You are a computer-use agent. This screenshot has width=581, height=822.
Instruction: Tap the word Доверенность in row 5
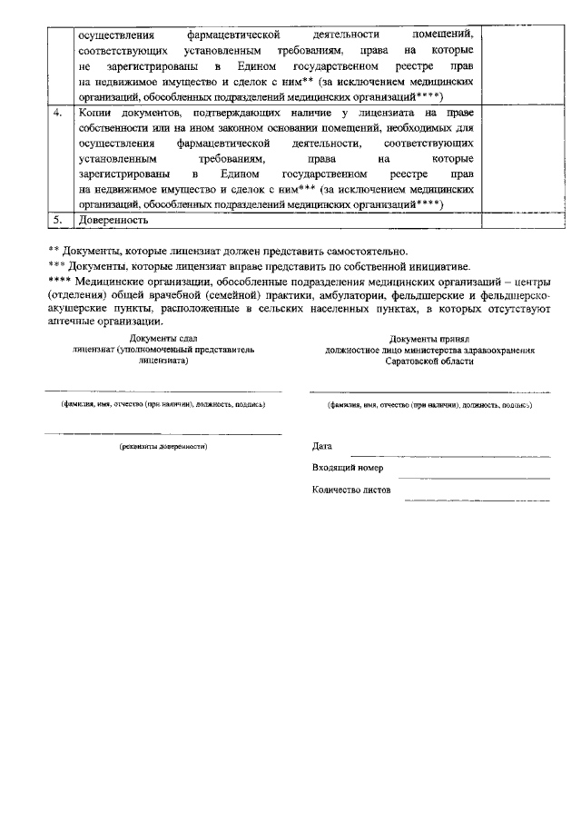[113, 220]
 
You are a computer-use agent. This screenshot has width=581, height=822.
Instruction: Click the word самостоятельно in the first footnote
[366, 251]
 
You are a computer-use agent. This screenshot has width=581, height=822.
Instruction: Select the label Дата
[321, 447]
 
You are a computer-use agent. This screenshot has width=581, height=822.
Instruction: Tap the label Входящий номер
[347, 468]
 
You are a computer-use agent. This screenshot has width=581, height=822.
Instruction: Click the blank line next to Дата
[449, 451]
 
